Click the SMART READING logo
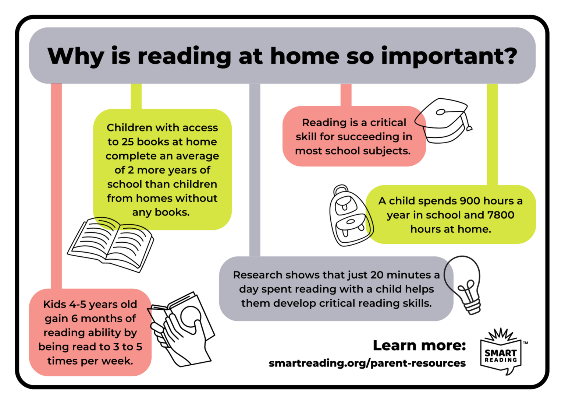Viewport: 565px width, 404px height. [x=501, y=352]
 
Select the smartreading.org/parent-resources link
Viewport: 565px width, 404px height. [x=367, y=363]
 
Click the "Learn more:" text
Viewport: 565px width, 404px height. [x=419, y=345]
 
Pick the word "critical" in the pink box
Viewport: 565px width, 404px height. [x=388, y=123]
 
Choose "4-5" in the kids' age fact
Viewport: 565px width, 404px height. [x=78, y=305]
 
